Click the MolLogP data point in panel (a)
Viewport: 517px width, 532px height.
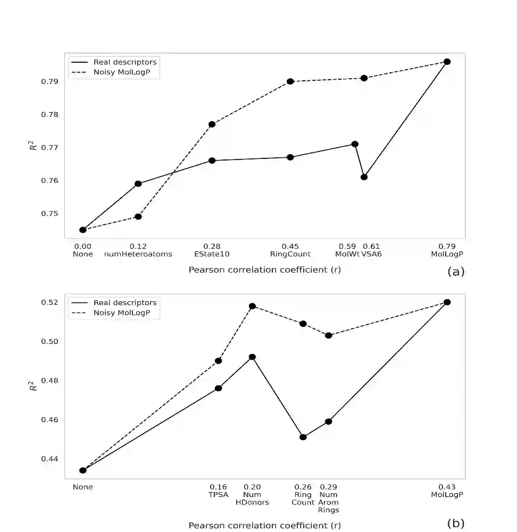pyautogui.click(x=447, y=62)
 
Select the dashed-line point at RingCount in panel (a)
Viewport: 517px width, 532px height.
pyautogui.click(x=290, y=81)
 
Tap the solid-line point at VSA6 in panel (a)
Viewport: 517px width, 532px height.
pyautogui.click(x=364, y=177)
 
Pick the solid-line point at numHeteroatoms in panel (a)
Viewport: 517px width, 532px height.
pyautogui.click(x=138, y=184)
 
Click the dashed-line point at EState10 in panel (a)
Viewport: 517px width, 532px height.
pyautogui.click(x=212, y=124)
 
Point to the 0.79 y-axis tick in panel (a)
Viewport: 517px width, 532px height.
pyautogui.click(x=51, y=82)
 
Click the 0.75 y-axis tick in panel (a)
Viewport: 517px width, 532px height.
pyautogui.click(x=51, y=214)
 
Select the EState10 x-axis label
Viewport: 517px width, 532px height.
pyautogui.click(x=212, y=254)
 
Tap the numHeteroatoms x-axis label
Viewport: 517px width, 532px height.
pyautogui.click(x=138, y=254)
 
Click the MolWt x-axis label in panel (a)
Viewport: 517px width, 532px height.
pyautogui.click(x=347, y=254)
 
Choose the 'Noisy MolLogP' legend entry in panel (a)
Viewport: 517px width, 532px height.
pyautogui.click(x=126, y=72)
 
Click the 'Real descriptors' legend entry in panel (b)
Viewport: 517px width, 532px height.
pyautogui.click(x=125, y=303)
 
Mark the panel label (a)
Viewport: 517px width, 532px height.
pyautogui.click(x=456, y=272)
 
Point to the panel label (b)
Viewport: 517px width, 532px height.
pyautogui.click(x=456, y=523)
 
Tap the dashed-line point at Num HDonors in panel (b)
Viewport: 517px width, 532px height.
pyautogui.click(x=252, y=306)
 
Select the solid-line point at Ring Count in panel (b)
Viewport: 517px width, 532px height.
pyautogui.click(x=303, y=437)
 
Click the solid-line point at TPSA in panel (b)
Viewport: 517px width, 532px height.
pyautogui.click(x=218, y=388)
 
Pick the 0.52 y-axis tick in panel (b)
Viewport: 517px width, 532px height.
pyautogui.click(x=51, y=302)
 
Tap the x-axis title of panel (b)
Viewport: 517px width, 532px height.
pyautogui.click(x=265, y=526)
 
